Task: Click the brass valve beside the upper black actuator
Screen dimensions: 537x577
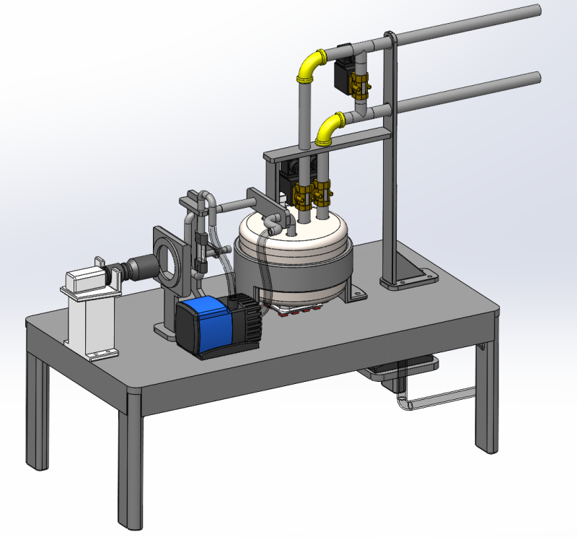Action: coord(358,85)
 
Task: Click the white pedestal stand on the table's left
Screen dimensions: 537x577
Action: coord(88,318)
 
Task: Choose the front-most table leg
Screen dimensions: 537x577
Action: coord(131,462)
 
